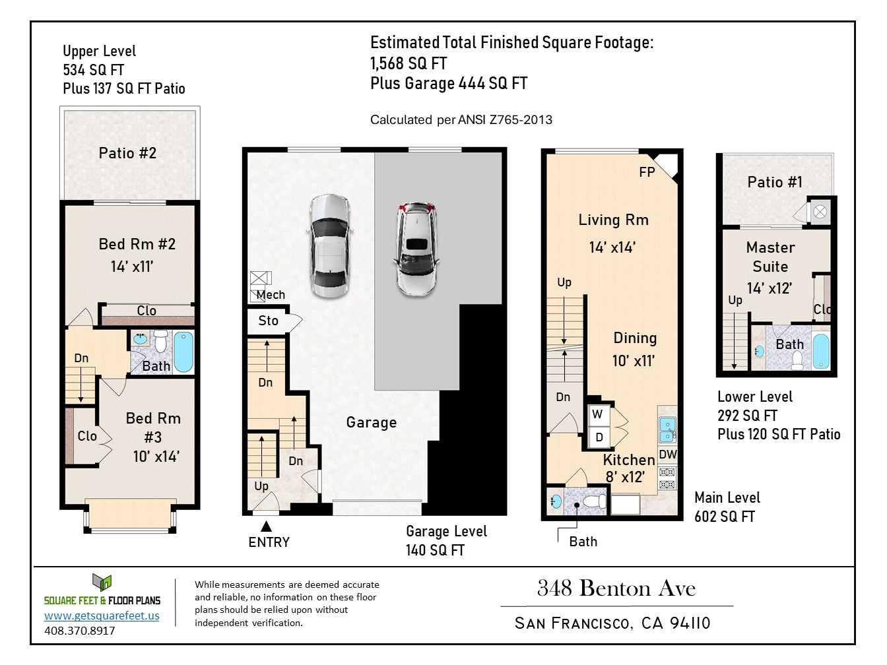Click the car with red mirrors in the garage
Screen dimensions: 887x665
point(416,249)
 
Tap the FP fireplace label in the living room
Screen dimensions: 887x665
point(647,172)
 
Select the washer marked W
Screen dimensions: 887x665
point(598,415)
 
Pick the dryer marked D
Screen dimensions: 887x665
point(599,437)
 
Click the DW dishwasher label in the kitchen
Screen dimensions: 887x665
point(668,455)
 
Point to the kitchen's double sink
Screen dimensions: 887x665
point(667,430)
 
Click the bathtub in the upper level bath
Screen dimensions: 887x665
point(183,352)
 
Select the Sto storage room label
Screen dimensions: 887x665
point(269,321)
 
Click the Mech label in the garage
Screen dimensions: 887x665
point(271,295)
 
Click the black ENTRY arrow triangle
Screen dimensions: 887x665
point(266,526)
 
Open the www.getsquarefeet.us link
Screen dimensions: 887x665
point(102,616)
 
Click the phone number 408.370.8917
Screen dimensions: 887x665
point(80,631)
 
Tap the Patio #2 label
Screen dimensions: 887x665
point(127,153)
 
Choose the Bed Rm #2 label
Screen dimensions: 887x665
point(137,244)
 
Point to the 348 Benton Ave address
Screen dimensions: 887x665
point(616,588)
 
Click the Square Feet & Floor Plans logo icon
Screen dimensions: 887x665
point(102,583)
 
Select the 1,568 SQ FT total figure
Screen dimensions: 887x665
point(409,63)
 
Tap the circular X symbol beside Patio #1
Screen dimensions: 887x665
point(820,212)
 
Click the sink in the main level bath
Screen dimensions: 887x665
point(556,502)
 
